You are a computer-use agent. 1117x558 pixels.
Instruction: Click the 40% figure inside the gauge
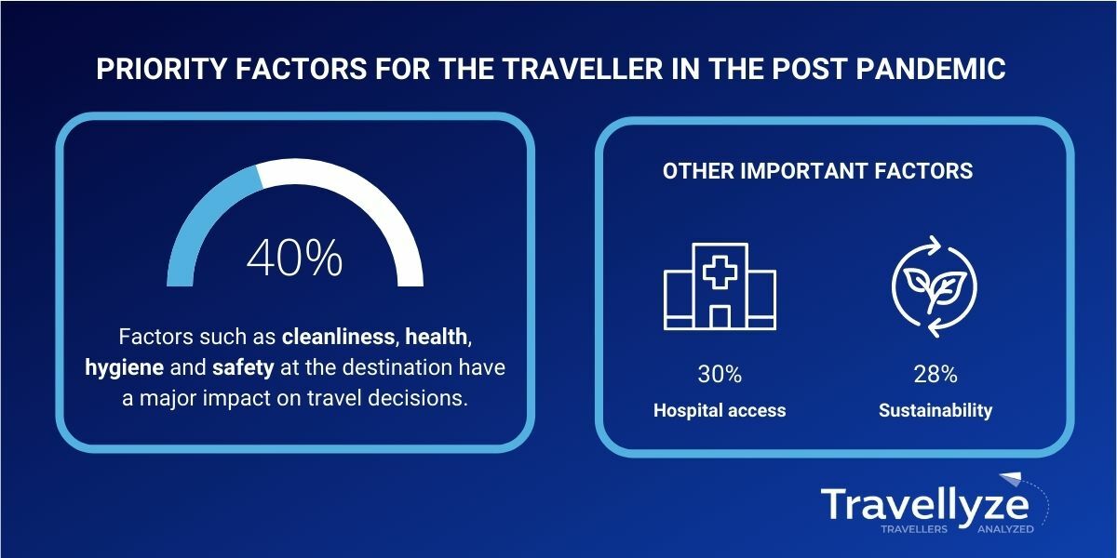(x=295, y=258)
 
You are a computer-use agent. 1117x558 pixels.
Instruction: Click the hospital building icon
(x=720, y=286)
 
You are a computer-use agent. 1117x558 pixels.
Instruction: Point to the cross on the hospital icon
(x=720, y=272)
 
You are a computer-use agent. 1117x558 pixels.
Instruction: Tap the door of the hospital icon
(x=720, y=317)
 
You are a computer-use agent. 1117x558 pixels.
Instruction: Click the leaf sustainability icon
(x=935, y=286)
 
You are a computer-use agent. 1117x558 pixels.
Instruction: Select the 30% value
(x=720, y=374)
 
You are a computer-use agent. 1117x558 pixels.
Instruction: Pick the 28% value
(x=935, y=374)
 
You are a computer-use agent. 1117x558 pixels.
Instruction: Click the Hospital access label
(x=720, y=410)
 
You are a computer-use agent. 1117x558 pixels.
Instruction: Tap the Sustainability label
(x=935, y=410)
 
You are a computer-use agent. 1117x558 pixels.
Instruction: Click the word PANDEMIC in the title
(x=931, y=69)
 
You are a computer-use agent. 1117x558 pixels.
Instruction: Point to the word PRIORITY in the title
(x=162, y=69)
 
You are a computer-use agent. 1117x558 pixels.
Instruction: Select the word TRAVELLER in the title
(x=583, y=69)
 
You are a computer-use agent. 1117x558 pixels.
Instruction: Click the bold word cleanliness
(x=339, y=337)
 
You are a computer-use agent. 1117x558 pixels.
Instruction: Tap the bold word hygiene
(x=124, y=368)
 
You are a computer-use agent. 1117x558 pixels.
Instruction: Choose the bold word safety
(x=243, y=367)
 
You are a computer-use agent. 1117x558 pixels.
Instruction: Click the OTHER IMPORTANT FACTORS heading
(x=818, y=171)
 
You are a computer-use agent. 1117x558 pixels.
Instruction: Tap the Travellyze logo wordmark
(x=925, y=505)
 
